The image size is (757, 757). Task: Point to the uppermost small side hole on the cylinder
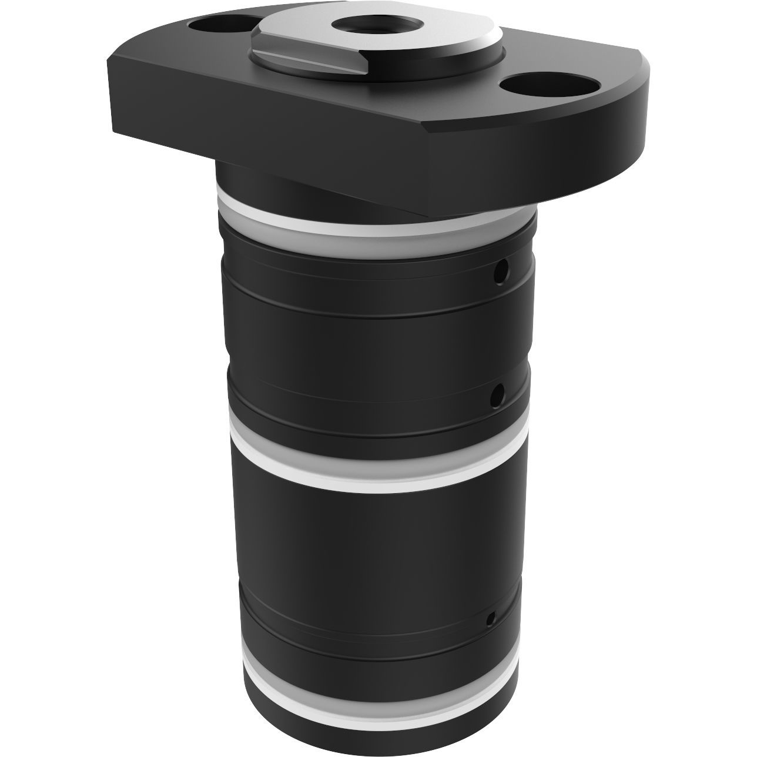(500, 272)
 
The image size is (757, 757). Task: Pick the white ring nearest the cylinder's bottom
(376, 700)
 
